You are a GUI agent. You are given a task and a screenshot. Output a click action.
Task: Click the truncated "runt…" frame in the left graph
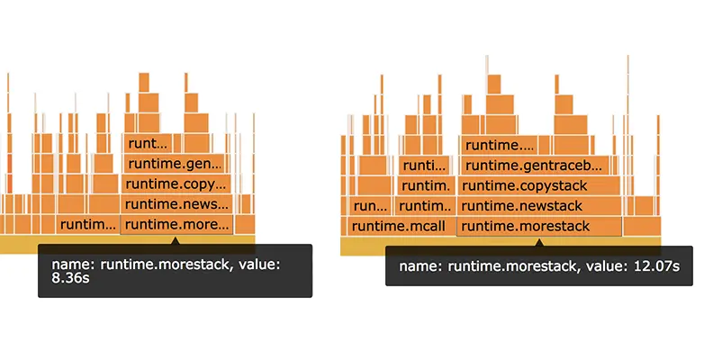148,143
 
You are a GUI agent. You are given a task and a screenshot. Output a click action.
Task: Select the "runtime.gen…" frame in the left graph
176,164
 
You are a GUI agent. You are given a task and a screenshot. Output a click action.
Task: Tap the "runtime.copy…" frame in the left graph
176,184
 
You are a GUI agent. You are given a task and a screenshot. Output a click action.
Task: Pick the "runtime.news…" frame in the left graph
176,205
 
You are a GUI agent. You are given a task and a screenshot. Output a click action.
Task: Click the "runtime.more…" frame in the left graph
176,225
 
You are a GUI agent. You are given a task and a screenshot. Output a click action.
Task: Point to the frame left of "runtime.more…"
87,225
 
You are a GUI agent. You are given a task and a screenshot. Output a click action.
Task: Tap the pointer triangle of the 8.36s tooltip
176,241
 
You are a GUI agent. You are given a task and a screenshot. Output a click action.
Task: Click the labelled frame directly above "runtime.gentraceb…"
497,145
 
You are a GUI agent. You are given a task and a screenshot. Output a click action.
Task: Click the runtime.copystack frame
539,185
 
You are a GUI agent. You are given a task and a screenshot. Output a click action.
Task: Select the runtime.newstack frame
539,206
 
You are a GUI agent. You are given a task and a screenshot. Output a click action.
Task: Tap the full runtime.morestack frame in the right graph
539,226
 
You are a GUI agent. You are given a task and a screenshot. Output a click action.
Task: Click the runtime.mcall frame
397,226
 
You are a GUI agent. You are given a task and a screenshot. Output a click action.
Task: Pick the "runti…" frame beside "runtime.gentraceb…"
423,165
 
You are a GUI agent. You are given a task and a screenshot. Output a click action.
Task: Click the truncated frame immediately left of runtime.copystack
425,185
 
